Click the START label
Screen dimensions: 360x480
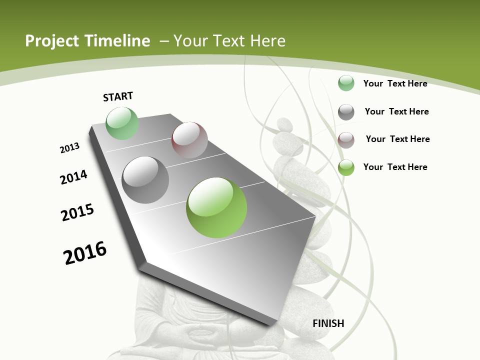118,96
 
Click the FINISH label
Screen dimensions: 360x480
328,323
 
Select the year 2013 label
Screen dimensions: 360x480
69,148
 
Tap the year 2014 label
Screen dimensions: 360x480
73,177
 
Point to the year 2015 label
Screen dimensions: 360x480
77,212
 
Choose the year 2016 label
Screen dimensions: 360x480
85,253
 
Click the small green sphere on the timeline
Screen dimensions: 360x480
122,123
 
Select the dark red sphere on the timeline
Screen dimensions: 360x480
189,140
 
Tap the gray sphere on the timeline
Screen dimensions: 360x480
145,180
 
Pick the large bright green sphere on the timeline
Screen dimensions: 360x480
216,207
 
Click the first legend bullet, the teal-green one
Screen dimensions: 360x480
346,83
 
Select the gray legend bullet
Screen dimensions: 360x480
346,112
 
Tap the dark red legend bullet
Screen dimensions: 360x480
346,140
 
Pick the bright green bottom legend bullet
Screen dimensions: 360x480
346,167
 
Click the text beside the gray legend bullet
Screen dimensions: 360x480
396,111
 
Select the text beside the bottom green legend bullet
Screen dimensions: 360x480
395,167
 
